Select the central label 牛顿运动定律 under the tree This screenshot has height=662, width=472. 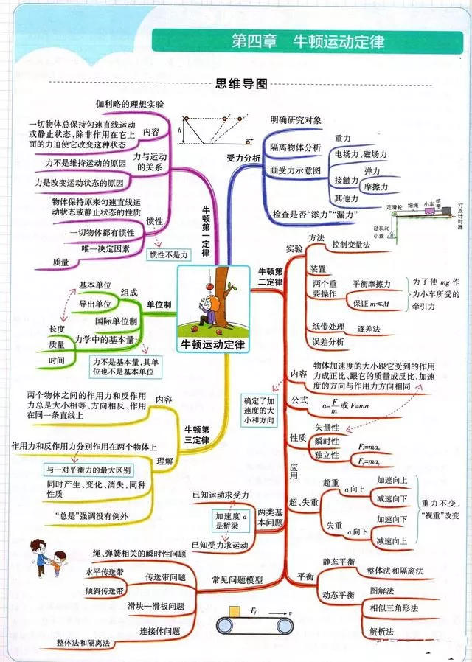point(215,344)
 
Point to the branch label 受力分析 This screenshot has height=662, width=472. point(243,158)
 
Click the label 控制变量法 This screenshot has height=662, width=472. point(351,244)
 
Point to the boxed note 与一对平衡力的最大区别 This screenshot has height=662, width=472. point(88,469)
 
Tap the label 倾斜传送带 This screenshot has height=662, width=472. point(104,590)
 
